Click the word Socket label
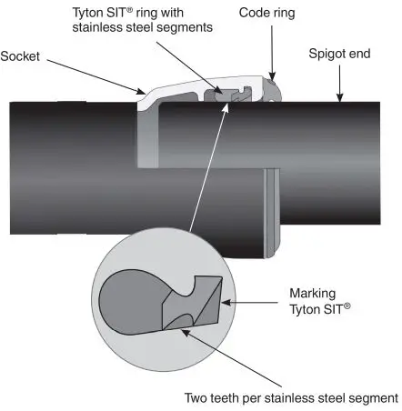[18, 55]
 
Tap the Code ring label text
[268, 13]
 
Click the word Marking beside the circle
[313, 295]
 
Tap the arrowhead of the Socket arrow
[144, 92]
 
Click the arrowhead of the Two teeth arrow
[183, 331]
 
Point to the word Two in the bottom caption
[199, 397]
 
